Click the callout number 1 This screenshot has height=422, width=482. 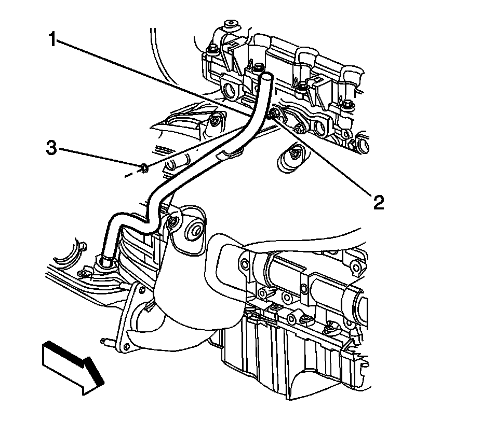pyautogui.click(x=53, y=39)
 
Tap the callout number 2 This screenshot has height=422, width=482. pyautogui.click(x=378, y=202)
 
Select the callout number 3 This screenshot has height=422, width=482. pyautogui.click(x=51, y=148)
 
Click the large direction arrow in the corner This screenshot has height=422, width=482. pyautogui.click(x=73, y=365)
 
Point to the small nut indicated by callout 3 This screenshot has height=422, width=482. pyautogui.click(x=143, y=167)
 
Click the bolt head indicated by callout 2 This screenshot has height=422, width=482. pyautogui.click(x=274, y=114)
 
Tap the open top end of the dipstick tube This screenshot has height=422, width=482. pyautogui.click(x=266, y=77)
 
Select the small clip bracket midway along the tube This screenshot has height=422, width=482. pyautogui.click(x=227, y=153)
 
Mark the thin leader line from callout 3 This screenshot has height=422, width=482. pyautogui.click(x=99, y=158)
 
